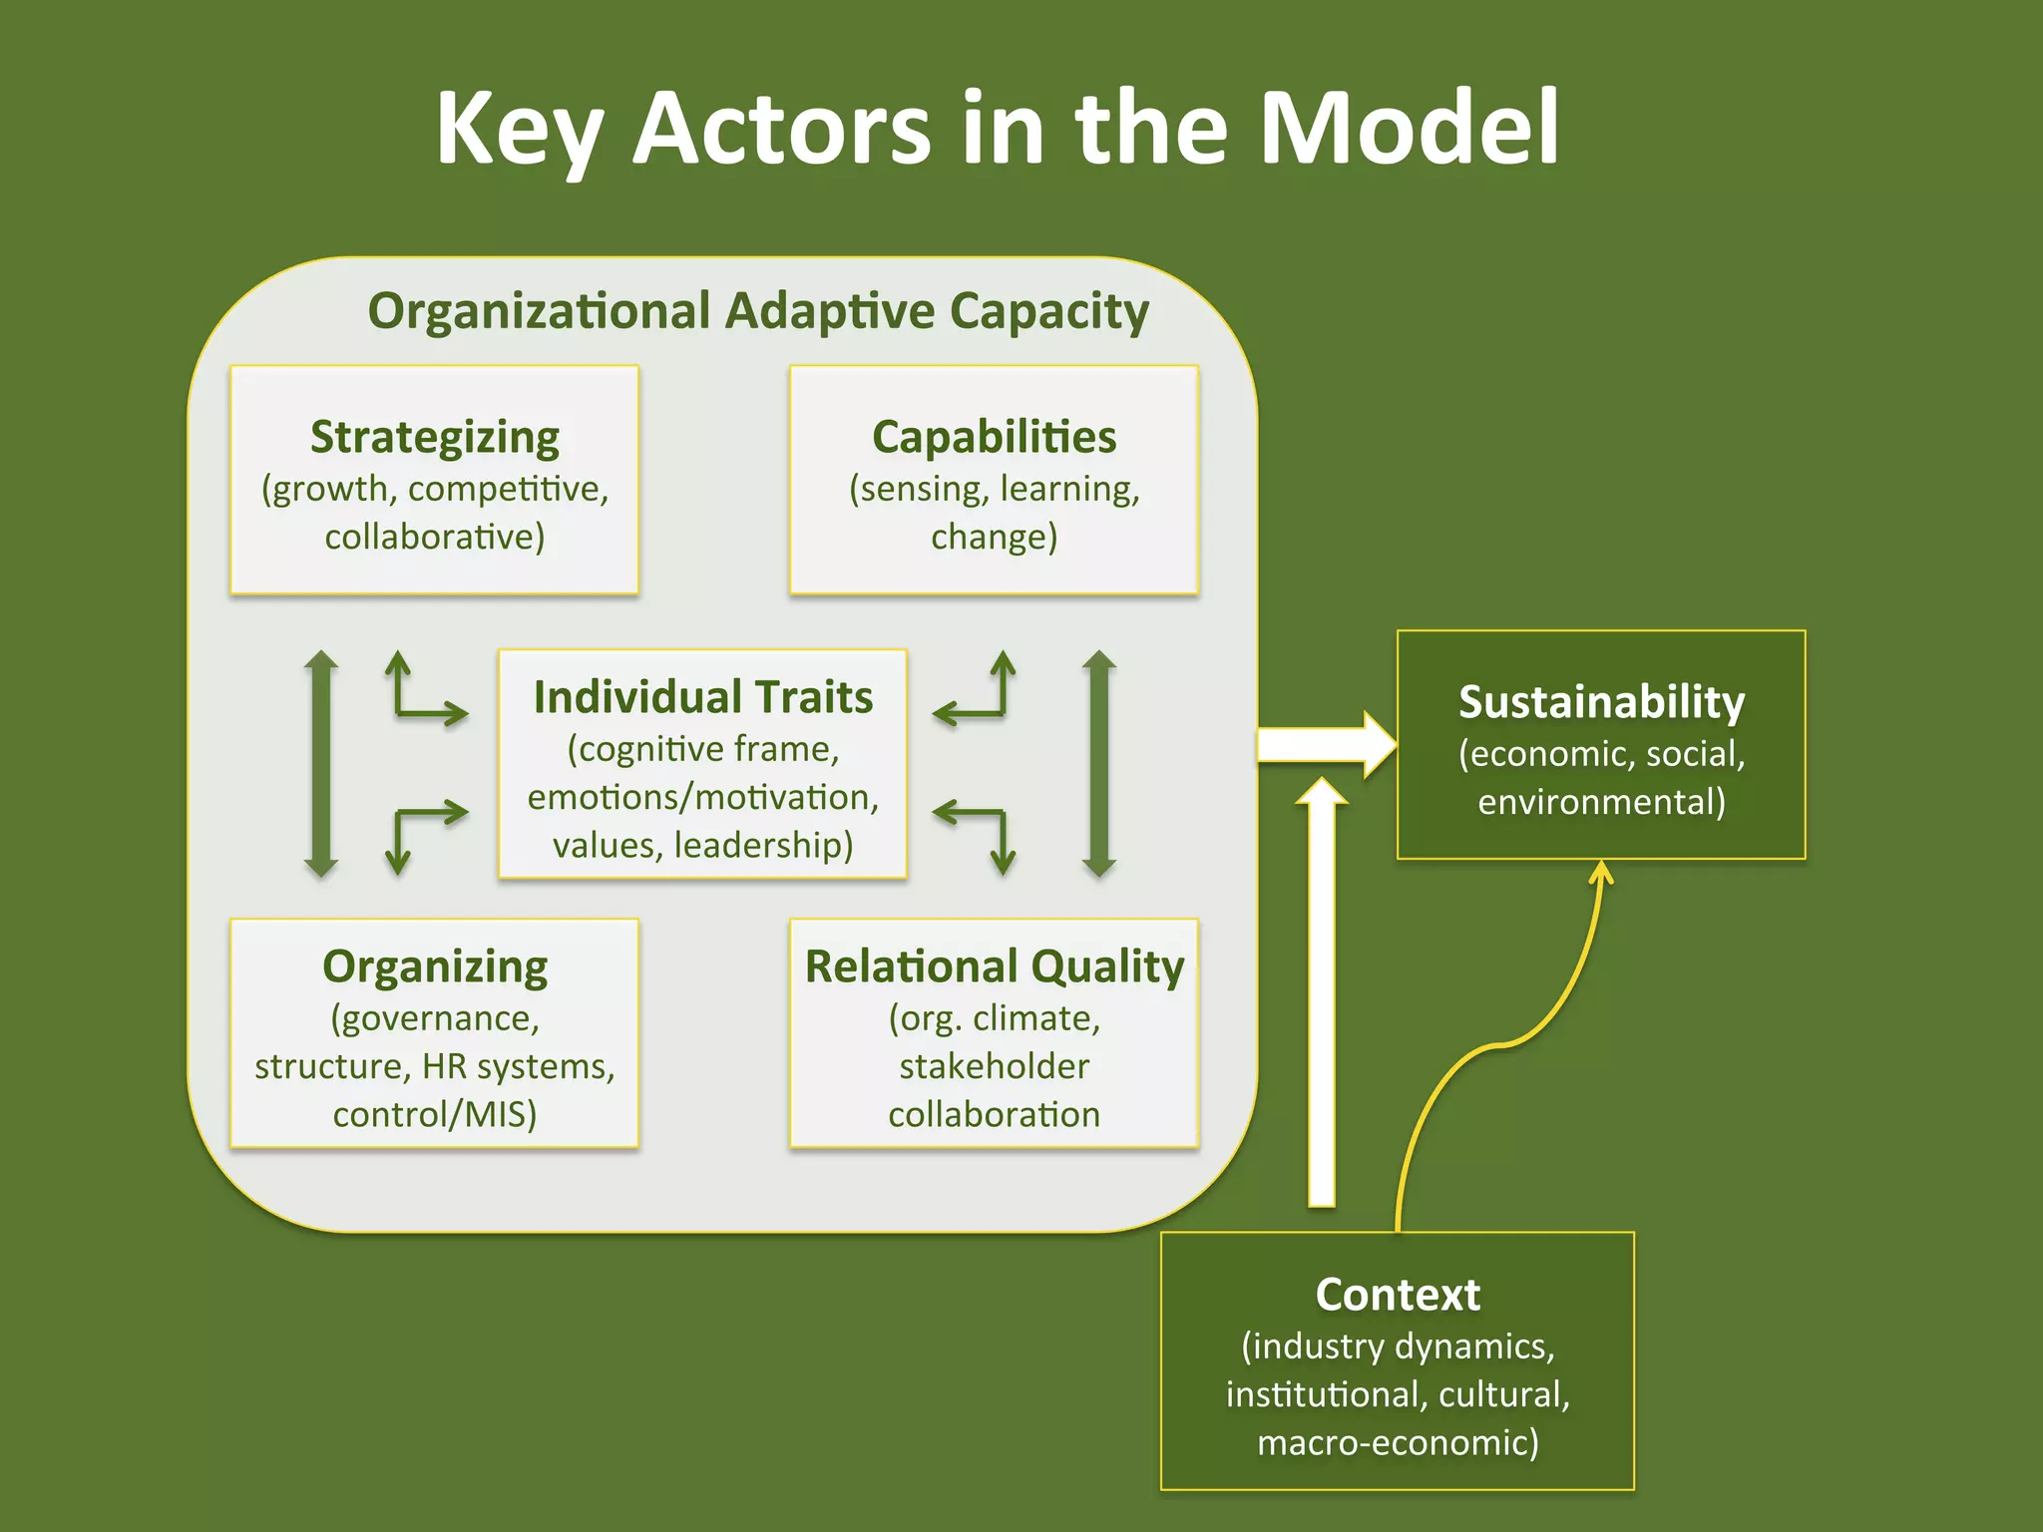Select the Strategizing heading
tap(435, 437)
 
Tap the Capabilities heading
tap(994, 437)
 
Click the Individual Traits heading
tap(702, 696)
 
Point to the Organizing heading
tap(435, 965)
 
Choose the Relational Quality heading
tap(994, 965)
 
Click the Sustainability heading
tap(1601, 701)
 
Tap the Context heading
tap(1397, 1294)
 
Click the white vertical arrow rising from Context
tap(1321, 997)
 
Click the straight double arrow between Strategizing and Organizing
tap(320, 763)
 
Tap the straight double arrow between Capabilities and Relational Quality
tap(1098, 763)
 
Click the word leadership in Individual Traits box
tap(763, 845)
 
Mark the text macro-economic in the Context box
tap(1397, 1442)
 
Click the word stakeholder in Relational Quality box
tap(994, 1066)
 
